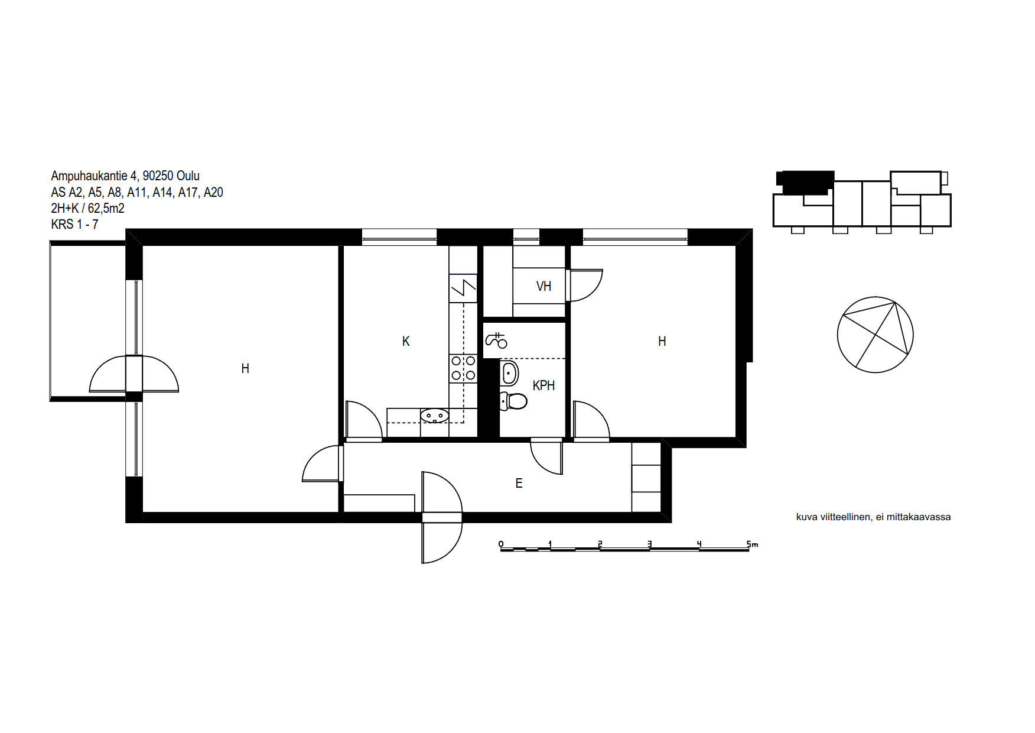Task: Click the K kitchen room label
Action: click(x=406, y=341)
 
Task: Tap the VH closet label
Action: click(x=543, y=286)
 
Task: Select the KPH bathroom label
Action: click(x=543, y=385)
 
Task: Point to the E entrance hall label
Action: click(x=519, y=484)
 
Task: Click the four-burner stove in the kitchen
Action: click(x=463, y=368)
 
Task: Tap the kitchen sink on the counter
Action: click(x=435, y=416)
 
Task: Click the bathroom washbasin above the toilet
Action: click(x=509, y=373)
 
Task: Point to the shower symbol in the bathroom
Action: click(x=496, y=340)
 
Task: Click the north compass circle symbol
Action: click(x=875, y=335)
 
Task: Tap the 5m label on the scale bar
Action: click(x=752, y=544)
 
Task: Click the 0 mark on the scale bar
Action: click(x=501, y=544)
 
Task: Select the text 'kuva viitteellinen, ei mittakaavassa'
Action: click(x=873, y=517)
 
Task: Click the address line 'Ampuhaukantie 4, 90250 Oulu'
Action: click(x=125, y=176)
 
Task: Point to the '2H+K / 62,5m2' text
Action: click(x=87, y=208)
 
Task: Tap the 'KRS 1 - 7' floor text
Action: click(x=74, y=225)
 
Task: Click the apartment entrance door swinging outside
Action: click(x=442, y=517)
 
